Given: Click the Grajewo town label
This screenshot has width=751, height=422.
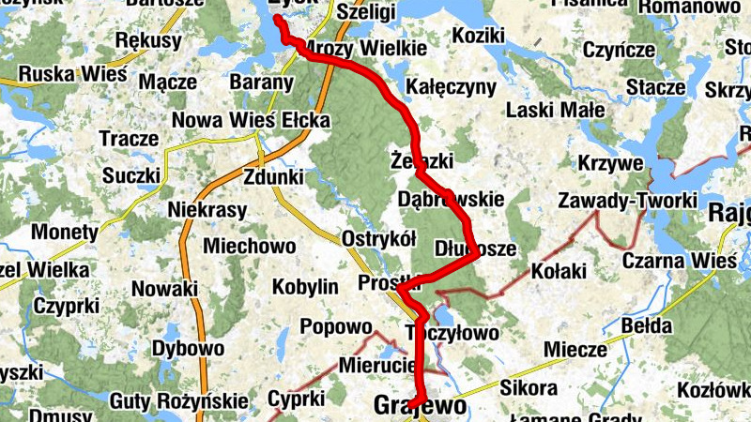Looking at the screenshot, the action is pyautogui.click(x=420, y=406).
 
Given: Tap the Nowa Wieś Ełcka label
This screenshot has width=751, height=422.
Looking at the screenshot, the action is pyautogui.click(x=251, y=121).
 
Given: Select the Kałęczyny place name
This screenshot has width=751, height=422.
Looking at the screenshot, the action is pyautogui.click(x=452, y=87).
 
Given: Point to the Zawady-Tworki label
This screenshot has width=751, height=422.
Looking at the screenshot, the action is pyautogui.click(x=627, y=201).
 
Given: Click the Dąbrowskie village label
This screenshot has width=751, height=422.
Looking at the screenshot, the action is pyautogui.click(x=451, y=200).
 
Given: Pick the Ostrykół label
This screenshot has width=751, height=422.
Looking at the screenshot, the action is pyautogui.click(x=379, y=238).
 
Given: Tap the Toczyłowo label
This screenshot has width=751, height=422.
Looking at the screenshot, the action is pyautogui.click(x=451, y=332).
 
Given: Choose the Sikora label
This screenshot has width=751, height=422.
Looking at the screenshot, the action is pyautogui.click(x=529, y=386).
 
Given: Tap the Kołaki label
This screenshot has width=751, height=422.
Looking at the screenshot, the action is pyautogui.click(x=558, y=272).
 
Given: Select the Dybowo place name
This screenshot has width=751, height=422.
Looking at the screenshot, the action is pyautogui.click(x=188, y=349).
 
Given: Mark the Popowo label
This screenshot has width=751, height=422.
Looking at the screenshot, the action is pyautogui.click(x=336, y=327).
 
